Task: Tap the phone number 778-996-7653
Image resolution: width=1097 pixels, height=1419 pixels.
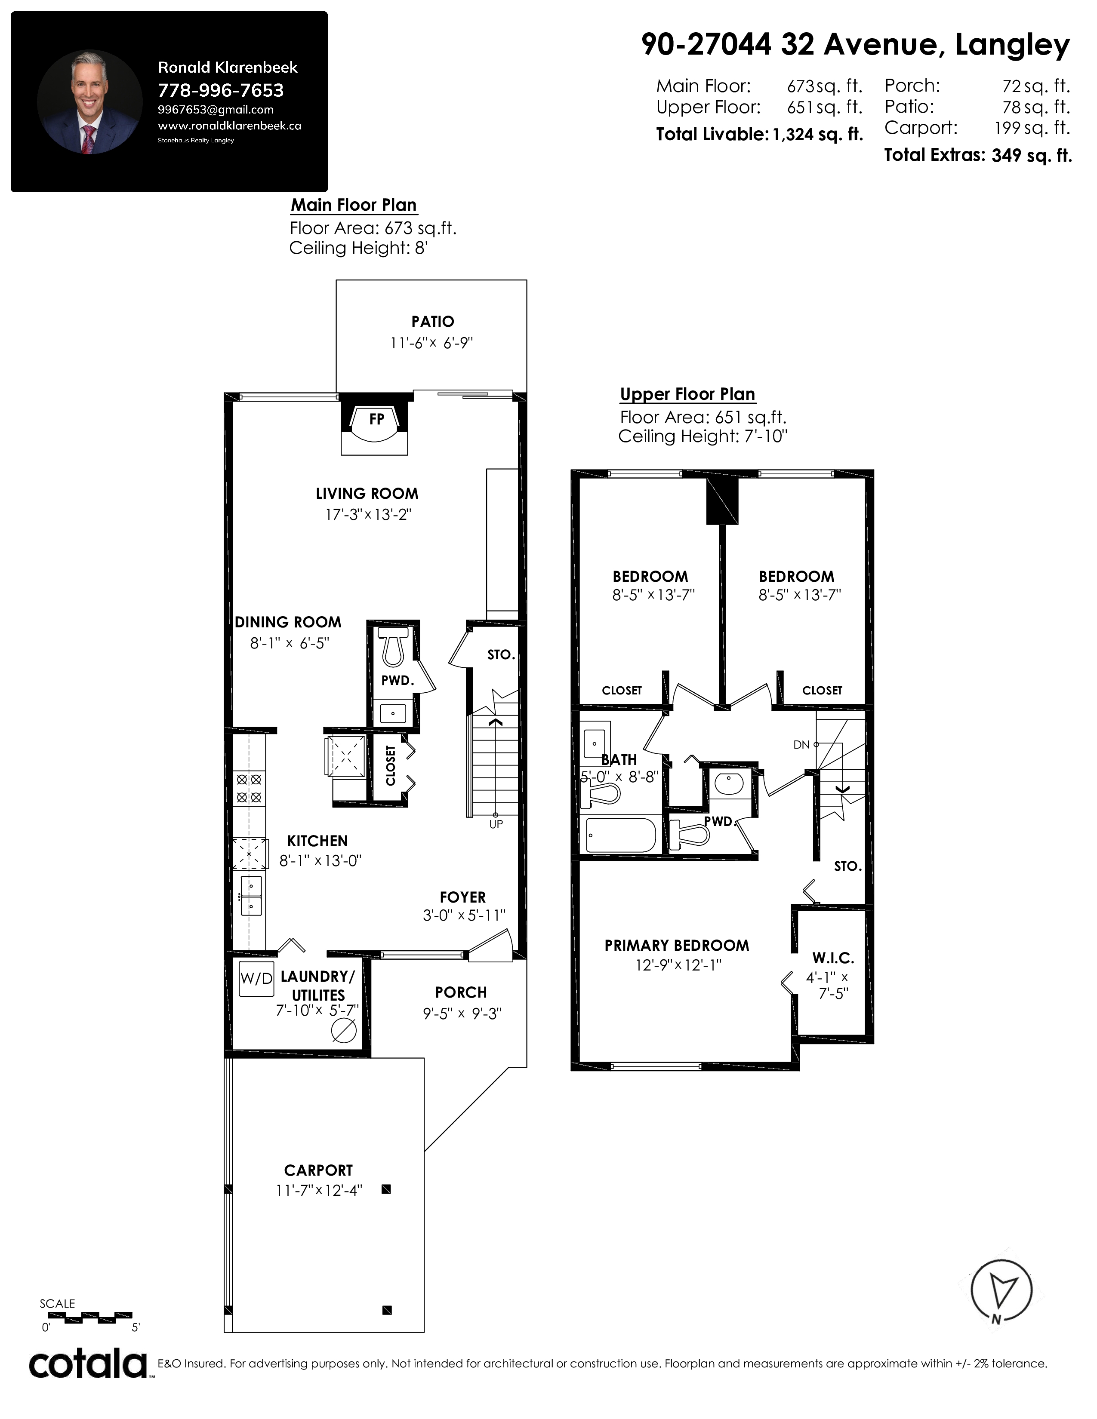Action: [x=221, y=90]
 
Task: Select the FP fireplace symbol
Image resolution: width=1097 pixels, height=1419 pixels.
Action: [x=376, y=424]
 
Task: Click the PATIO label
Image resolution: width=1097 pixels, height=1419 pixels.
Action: [x=433, y=322]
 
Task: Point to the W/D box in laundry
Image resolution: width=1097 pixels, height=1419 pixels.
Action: [x=256, y=979]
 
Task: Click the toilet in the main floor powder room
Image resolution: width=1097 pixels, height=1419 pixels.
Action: [x=394, y=646]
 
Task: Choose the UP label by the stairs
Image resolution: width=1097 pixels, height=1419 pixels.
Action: [x=496, y=824]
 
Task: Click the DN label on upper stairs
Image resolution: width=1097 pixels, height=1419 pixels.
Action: [x=801, y=745]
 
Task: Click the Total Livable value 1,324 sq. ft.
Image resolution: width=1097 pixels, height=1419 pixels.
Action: [x=817, y=135]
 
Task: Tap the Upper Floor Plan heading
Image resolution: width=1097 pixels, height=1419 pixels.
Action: [x=687, y=394]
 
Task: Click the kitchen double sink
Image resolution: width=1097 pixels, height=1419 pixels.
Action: [x=251, y=895]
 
